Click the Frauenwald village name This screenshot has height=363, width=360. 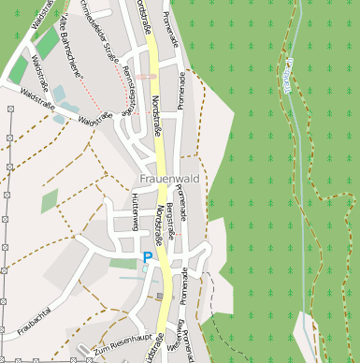170,178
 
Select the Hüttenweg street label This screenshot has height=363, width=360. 136,212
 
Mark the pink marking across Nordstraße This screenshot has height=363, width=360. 146,76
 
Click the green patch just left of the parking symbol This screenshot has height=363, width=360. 123,264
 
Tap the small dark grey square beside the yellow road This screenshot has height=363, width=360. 159,297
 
